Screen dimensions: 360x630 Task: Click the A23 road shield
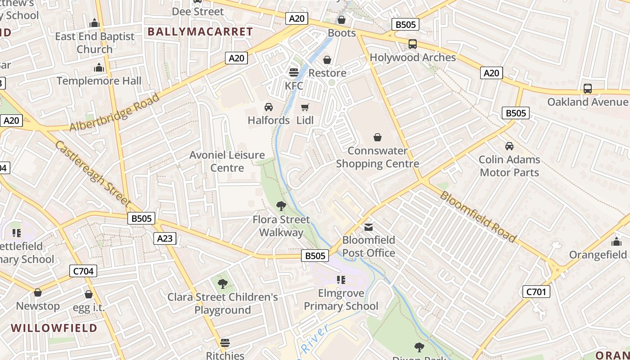click(165, 238)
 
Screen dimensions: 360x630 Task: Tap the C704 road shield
click(83, 271)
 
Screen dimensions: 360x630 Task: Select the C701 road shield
click(537, 292)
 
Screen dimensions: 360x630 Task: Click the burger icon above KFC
click(294, 72)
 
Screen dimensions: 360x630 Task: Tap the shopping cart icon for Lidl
click(305, 107)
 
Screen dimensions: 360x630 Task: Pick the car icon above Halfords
click(269, 107)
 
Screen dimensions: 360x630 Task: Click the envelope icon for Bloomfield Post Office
click(369, 227)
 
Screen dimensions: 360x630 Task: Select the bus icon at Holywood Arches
click(412, 44)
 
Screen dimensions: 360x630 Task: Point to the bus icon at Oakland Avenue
click(587, 89)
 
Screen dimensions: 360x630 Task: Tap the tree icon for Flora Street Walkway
click(281, 206)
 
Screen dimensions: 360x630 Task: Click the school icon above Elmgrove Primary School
click(341, 280)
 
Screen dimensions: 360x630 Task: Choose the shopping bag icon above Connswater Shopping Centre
click(378, 137)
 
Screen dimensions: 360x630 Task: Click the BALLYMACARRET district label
click(200, 31)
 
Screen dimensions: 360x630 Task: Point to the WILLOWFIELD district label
click(54, 328)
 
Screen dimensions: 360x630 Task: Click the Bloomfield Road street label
click(477, 216)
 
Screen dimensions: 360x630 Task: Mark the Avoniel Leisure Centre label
click(227, 161)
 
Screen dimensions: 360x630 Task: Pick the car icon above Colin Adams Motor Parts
click(509, 146)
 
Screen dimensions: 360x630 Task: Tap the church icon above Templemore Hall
click(99, 68)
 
